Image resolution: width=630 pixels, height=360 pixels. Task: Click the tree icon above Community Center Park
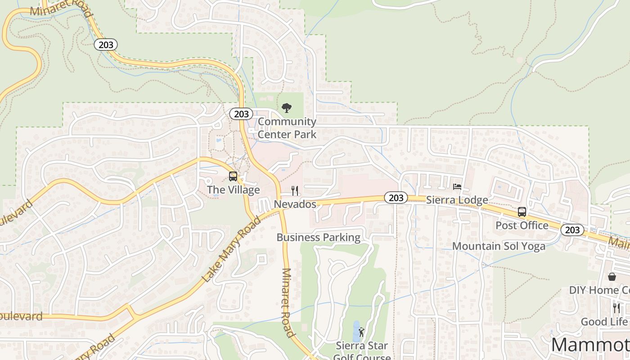pos(286,108)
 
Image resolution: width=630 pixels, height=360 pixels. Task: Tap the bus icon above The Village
pos(233,176)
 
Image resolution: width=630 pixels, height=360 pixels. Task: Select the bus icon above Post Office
pos(522,212)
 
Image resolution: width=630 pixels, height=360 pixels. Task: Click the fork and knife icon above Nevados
pos(295,191)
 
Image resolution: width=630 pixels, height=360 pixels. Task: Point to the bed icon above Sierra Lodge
pos(457,187)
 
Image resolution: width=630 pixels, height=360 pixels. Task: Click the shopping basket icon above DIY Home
pos(612,277)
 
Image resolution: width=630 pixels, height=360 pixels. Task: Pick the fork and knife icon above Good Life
pos(616,308)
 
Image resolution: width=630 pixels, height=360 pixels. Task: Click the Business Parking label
pos(319,238)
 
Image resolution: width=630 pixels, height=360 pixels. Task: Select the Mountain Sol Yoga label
pos(499,246)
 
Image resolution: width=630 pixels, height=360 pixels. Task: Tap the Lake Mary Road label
pos(231,249)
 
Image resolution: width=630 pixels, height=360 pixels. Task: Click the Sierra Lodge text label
pos(457,200)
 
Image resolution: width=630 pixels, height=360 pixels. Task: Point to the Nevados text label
pos(295,204)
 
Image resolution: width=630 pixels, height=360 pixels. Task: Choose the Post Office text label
pos(522,225)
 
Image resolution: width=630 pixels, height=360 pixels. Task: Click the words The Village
pos(233,189)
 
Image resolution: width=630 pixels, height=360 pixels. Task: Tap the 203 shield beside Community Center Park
pos(241,114)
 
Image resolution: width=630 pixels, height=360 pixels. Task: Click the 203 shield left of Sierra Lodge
pos(396,198)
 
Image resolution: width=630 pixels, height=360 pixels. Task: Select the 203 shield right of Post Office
pos(572,230)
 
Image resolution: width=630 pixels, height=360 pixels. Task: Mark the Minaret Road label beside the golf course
pos(288,302)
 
